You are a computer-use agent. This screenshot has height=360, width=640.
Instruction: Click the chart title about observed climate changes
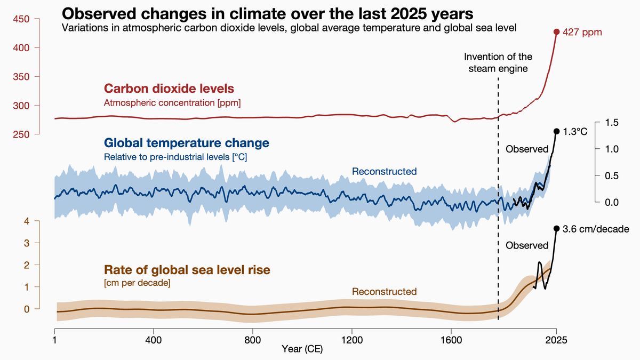[267, 13]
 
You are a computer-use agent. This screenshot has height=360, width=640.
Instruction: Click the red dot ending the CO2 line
[556, 32]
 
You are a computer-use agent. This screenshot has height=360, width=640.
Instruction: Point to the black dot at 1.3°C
[556, 131]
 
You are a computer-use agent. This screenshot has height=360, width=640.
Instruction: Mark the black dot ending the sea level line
[556, 228]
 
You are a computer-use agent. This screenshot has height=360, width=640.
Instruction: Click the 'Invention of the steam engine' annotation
[498, 62]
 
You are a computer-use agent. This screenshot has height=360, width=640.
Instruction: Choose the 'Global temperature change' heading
[187, 143]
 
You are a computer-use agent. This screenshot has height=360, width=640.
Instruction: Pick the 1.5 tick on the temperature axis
[612, 123]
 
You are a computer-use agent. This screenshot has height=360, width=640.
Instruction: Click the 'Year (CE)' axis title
[302, 350]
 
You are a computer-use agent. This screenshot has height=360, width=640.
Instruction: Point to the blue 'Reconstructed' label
[384, 171]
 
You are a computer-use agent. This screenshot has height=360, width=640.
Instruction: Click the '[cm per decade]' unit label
[137, 283]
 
